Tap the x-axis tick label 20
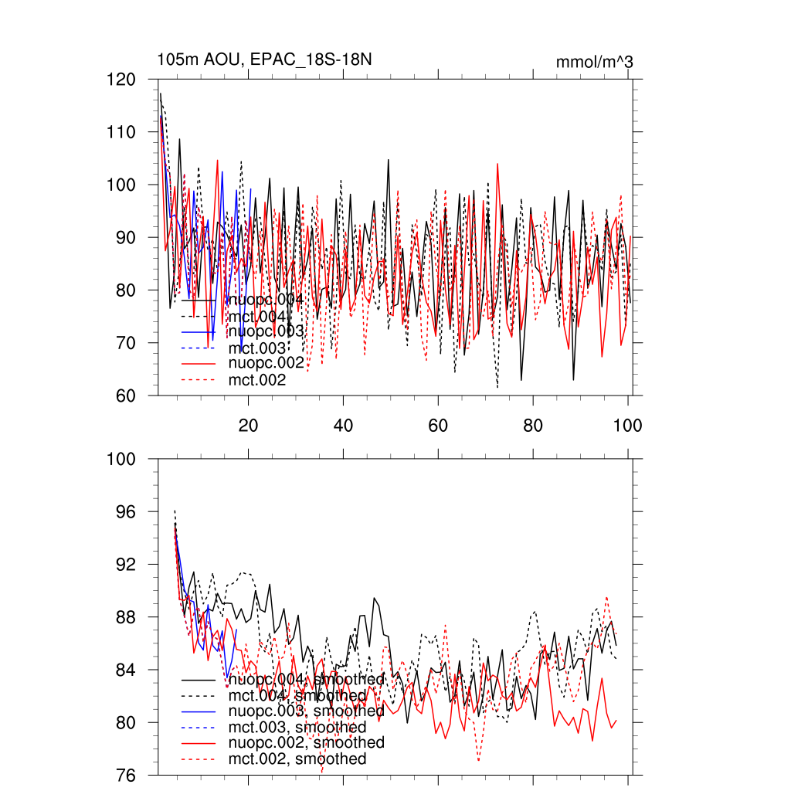248,425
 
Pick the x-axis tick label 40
343,425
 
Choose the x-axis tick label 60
438,425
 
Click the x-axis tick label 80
533,425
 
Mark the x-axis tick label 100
628,425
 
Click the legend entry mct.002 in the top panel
257,379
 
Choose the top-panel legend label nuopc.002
263,363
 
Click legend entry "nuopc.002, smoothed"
307,742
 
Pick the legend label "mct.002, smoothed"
297,759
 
